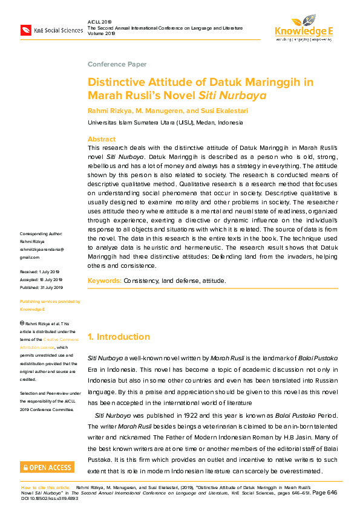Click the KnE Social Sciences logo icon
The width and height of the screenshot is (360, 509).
click(26, 30)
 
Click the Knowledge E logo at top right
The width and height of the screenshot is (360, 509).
click(303, 26)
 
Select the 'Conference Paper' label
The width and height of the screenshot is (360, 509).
click(117, 64)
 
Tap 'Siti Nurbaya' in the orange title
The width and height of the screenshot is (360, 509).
click(232, 95)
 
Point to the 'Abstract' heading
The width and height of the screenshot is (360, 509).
click(102, 138)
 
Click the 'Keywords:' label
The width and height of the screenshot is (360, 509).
click(105, 281)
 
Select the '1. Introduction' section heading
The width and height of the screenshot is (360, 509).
click(128, 337)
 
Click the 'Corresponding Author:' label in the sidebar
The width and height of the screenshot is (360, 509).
click(41, 233)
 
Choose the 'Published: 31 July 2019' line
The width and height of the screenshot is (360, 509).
click(41, 287)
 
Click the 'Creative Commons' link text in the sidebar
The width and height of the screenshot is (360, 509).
click(57, 340)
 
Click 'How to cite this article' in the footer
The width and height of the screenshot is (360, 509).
click(46, 487)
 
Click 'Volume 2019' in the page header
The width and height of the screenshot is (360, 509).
click(101, 34)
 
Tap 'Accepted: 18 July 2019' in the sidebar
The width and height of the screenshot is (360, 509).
click(41, 280)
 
